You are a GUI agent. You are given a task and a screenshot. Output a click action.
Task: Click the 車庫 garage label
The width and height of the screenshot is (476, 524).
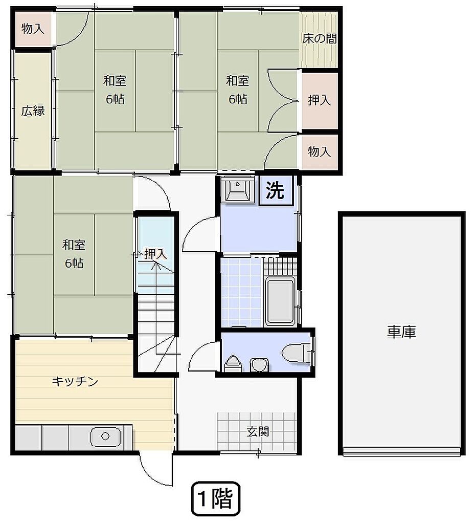pyautogui.click(x=401, y=332)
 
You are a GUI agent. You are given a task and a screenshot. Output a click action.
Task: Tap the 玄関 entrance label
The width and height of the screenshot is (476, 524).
pyautogui.click(x=258, y=431)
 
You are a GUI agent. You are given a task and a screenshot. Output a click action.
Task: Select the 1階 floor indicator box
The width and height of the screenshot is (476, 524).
pyautogui.click(x=216, y=499)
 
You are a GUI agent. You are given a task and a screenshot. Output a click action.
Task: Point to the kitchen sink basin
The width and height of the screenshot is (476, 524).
pyautogui.click(x=105, y=436)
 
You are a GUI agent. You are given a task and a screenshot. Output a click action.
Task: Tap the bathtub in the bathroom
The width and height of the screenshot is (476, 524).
pyautogui.click(x=280, y=301)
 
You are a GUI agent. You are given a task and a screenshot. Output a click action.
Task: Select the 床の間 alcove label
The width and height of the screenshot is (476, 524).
pyautogui.click(x=319, y=39)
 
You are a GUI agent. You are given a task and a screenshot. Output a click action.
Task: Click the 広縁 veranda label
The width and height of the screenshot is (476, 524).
pyautogui.click(x=33, y=111)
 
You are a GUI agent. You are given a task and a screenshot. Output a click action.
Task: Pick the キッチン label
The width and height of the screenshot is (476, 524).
pyautogui.click(x=75, y=381)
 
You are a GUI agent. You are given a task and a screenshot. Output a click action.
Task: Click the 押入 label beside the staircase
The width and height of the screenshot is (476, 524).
pyautogui.click(x=155, y=254)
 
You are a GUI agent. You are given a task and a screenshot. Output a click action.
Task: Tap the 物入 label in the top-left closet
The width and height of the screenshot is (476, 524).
pyautogui.click(x=33, y=29)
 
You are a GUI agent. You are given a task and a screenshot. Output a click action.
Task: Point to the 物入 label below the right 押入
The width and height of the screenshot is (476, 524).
pyautogui.click(x=319, y=151)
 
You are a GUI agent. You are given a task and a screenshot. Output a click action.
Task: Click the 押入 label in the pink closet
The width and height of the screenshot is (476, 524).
pyautogui.click(x=319, y=100)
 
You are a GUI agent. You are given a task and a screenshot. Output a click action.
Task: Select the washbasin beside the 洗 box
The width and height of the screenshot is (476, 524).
pyautogui.click(x=238, y=189)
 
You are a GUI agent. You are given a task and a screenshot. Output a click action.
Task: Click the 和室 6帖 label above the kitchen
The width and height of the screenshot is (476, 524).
pyautogui.click(x=74, y=254)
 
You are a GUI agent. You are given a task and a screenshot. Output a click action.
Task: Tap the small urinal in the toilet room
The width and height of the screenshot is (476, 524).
pyautogui.click(x=233, y=364)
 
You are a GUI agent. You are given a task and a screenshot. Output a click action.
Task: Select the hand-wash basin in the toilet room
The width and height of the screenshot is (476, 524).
pyautogui.click(x=259, y=364)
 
